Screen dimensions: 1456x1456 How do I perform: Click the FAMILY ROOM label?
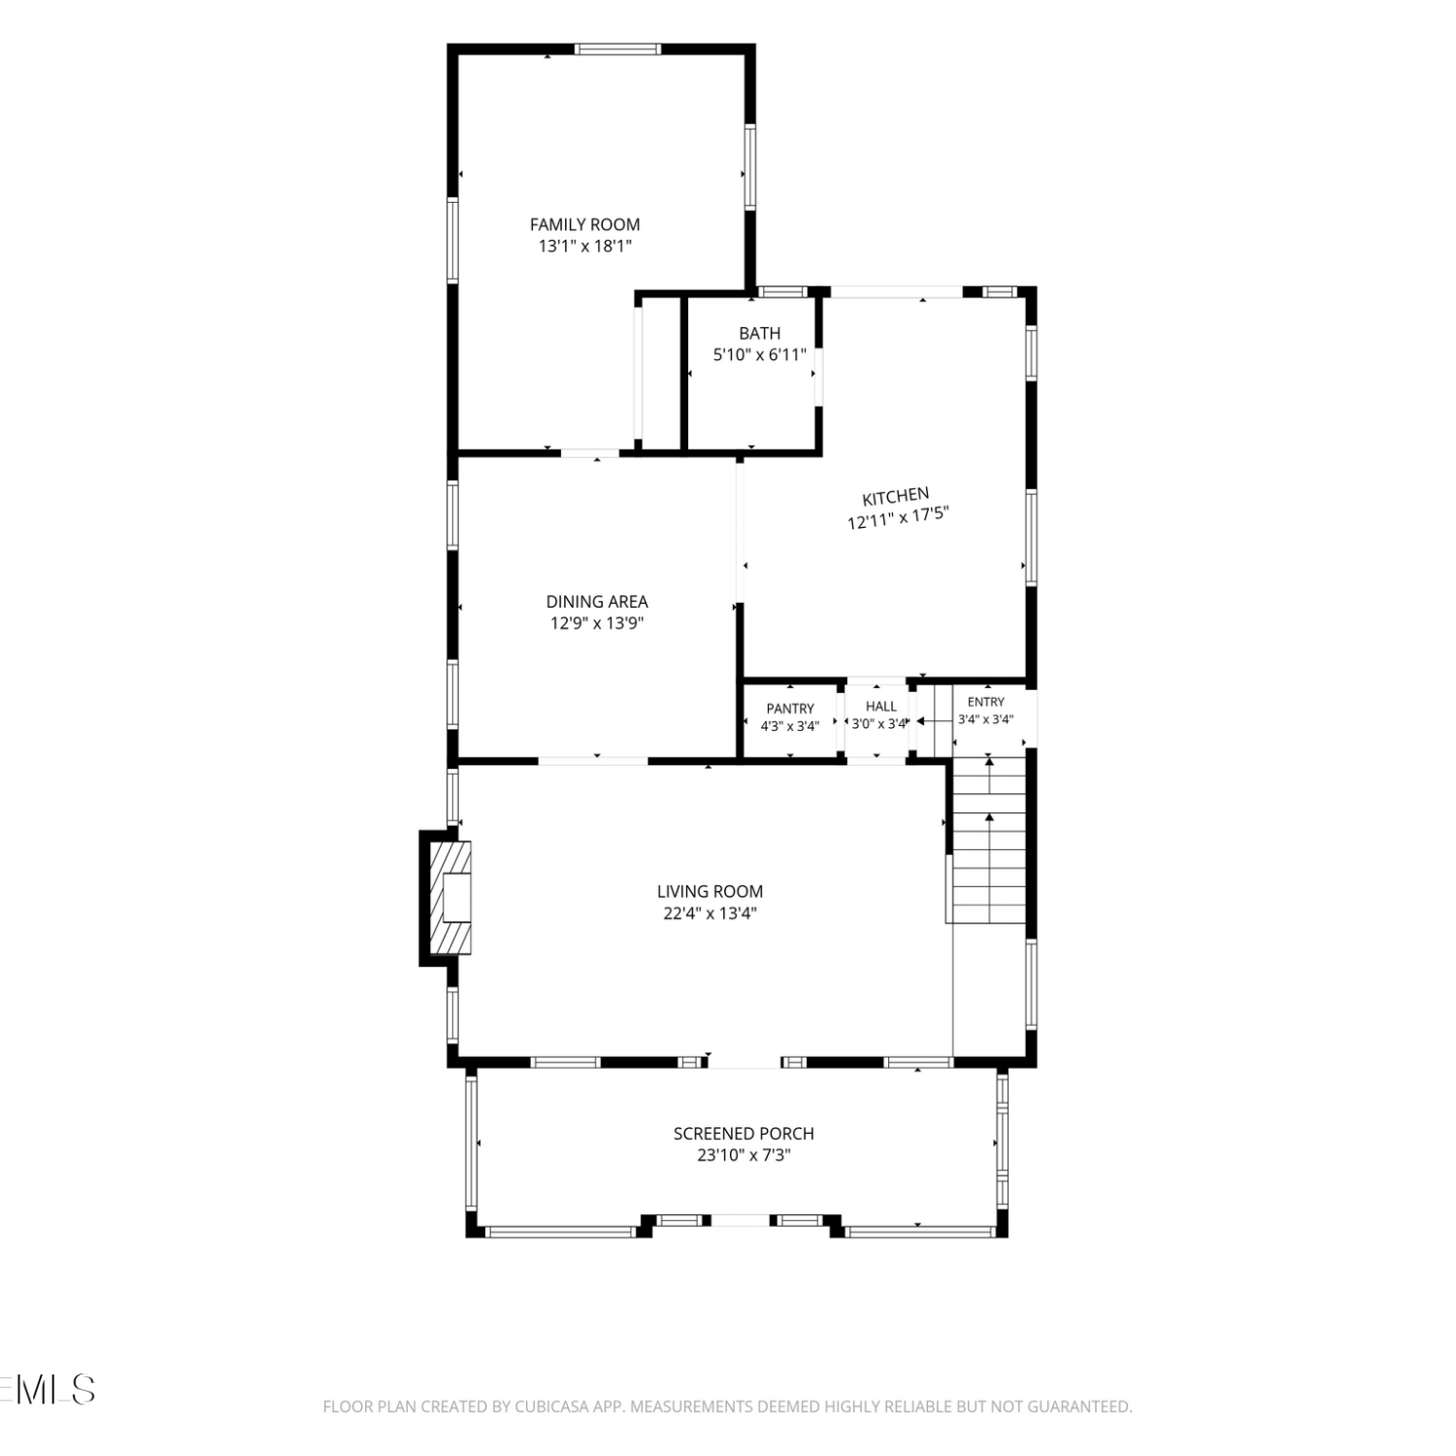[x=584, y=224]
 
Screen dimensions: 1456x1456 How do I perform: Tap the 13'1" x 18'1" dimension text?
[x=585, y=247]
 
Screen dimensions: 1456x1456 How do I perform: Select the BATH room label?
[x=759, y=333]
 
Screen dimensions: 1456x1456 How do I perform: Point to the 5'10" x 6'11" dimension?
[x=760, y=355]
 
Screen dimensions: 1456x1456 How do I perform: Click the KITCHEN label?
[x=896, y=497]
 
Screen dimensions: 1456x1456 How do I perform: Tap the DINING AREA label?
[x=597, y=602]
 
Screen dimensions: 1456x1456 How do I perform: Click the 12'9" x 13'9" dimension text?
[x=597, y=623]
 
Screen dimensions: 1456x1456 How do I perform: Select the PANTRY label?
[x=790, y=709]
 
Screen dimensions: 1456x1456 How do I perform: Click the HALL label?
[x=881, y=706]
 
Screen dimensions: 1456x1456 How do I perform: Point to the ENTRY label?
[x=986, y=702]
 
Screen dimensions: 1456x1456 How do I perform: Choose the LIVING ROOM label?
[x=710, y=891]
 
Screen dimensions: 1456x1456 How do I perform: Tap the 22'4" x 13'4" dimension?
[x=710, y=913]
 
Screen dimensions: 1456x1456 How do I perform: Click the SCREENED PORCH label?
[x=744, y=1133]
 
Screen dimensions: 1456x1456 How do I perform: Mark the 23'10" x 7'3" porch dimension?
[x=744, y=1155]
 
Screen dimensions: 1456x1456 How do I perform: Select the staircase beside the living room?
[x=987, y=840]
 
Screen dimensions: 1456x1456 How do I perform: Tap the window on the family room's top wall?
[x=618, y=49]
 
